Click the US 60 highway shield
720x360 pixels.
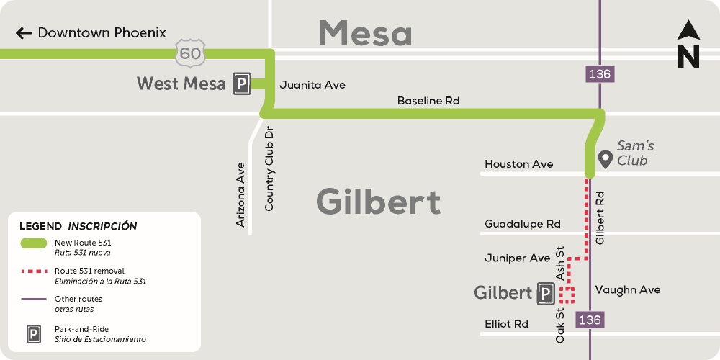point(191,52)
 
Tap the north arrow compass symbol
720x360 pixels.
point(688,45)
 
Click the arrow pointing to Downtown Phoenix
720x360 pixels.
point(24,33)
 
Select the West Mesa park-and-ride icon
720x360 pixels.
point(241,84)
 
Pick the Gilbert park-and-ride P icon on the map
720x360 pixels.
point(545,293)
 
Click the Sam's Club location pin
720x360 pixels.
point(606,158)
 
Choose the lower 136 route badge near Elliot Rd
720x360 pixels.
point(590,319)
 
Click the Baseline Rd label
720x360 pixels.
point(428,102)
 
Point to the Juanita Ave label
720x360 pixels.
point(312,85)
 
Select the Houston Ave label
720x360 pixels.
point(519,164)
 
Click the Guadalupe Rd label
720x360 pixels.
point(523,224)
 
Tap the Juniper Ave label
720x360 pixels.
point(518,258)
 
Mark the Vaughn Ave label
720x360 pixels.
point(627,289)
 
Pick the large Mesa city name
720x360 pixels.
point(365,33)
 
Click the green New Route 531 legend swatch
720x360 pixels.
point(34,244)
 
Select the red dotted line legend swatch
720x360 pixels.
point(34,271)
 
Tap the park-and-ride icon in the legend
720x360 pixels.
point(34,334)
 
